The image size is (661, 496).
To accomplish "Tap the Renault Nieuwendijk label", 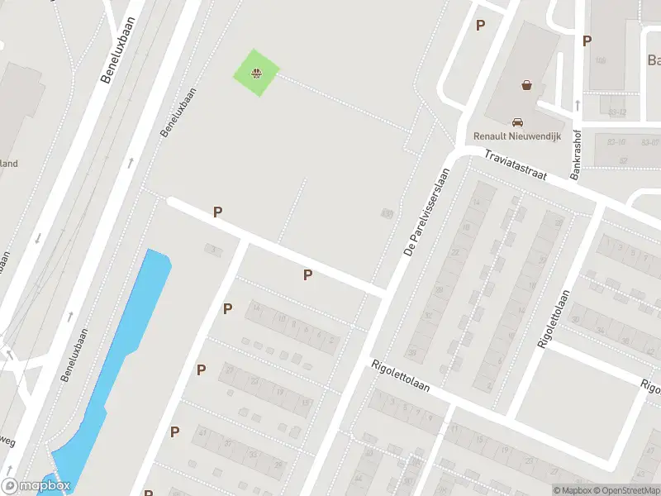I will click(516, 136).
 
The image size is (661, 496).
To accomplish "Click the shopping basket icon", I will click(526, 84).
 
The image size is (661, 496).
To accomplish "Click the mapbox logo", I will click(36, 486).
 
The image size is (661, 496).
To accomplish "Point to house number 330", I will click(386, 214).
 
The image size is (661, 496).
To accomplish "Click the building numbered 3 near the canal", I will click(214, 248).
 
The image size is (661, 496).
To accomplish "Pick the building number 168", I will click(601, 60).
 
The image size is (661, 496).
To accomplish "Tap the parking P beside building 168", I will click(587, 41).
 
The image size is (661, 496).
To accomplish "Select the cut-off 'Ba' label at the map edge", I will click(654, 60).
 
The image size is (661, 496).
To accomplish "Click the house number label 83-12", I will click(617, 112).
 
